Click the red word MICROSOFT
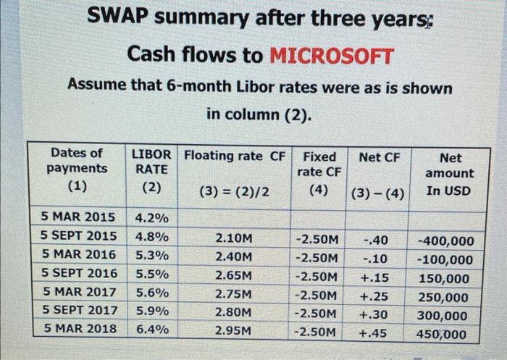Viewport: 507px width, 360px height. (x=332, y=55)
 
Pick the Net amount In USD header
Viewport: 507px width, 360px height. (x=449, y=174)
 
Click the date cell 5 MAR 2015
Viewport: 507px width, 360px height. (x=77, y=217)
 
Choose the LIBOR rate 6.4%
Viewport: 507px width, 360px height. (x=151, y=329)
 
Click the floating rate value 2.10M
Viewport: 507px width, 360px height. (x=234, y=238)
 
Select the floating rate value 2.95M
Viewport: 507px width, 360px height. (x=234, y=330)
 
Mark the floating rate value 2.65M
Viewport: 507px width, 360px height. (x=234, y=276)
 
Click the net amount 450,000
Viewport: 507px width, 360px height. (x=442, y=334)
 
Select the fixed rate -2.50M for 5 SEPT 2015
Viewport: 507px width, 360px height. (x=316, y=239)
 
